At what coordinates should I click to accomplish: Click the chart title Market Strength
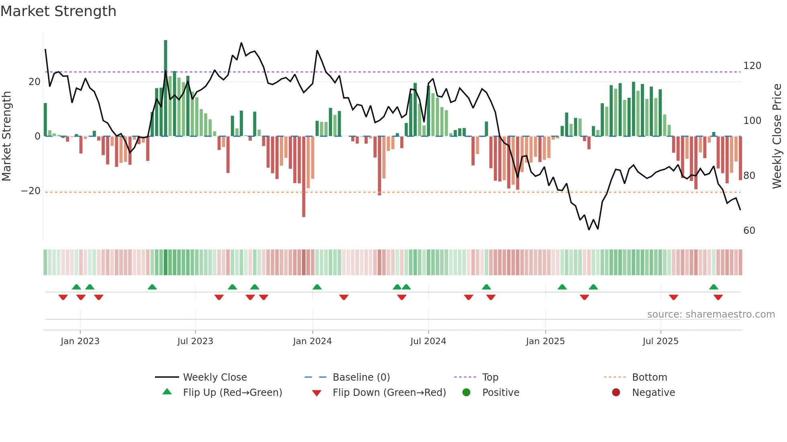click(x=58, y=11)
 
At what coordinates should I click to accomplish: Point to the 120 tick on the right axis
click(x=752, y=66)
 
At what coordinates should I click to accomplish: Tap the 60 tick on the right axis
click(x=749, y=231)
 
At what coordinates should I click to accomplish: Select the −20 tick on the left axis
click(x=31, y=191)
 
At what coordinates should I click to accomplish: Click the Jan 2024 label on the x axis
click(x=312, y=341)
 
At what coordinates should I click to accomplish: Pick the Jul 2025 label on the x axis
click(x=660, y=341)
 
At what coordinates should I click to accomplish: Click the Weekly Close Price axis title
click(x=777, y=136)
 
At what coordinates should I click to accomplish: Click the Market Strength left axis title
click(x=6, y=136)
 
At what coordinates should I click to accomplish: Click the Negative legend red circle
click(x=616, y=392)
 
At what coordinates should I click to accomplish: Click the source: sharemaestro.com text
click(x=711, y=314)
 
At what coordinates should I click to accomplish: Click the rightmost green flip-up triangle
click(x=714, y=287)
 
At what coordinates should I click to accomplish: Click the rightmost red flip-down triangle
click(x=718, y=297)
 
